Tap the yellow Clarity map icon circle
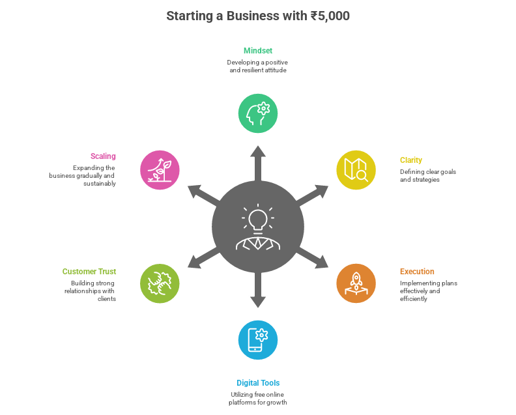point(356,170)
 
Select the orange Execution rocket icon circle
point(356,283)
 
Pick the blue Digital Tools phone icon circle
point(258,340)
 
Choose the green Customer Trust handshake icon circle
point(160,283)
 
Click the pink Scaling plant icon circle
point(160,170)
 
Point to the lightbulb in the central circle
point(258,218)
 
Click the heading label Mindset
point(258,50)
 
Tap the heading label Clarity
point(410,160)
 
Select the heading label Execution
point(417,271)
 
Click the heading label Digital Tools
point(258,383)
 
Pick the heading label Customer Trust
point(89,271)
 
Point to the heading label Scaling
point(103,156)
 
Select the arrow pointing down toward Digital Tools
point(258,292)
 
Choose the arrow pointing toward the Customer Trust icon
point(202,259)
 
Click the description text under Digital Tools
point(258,399)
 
